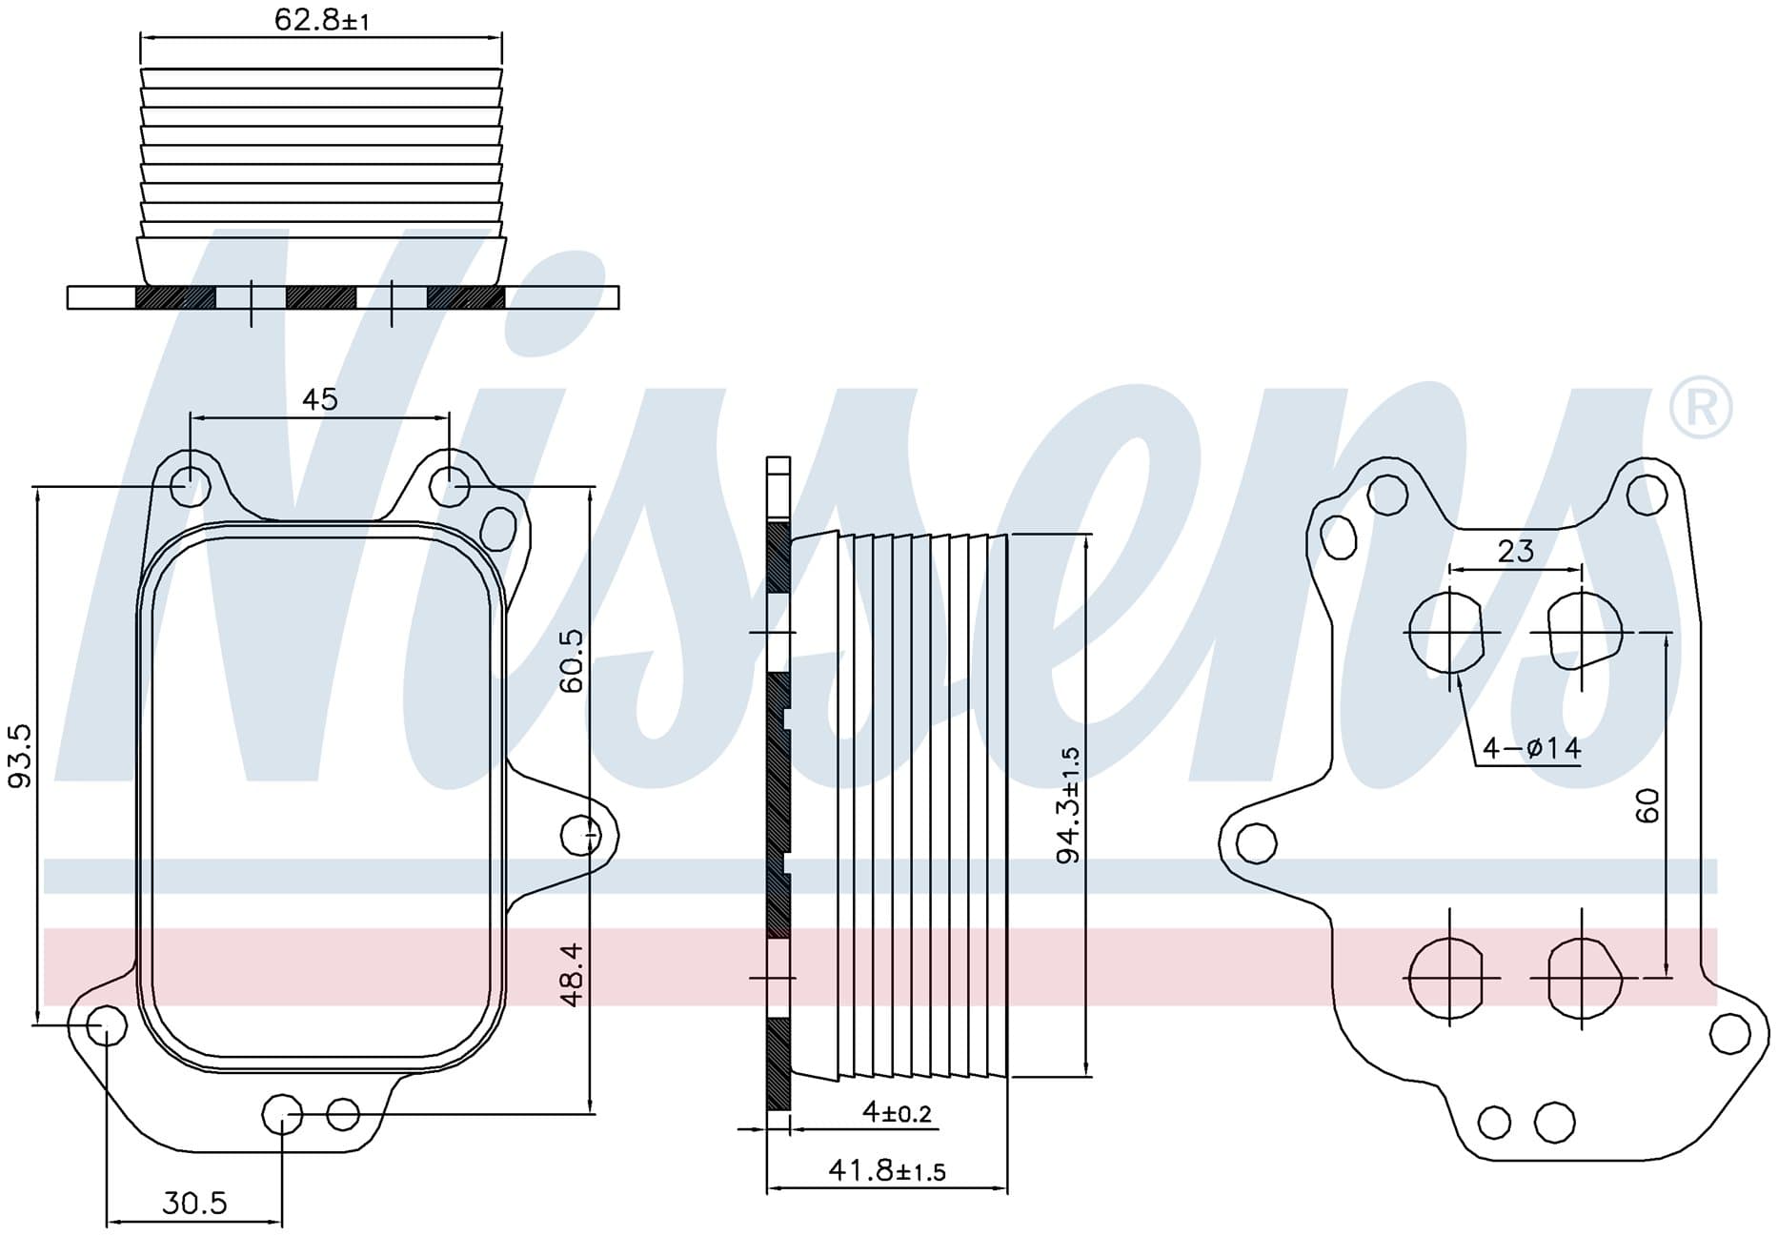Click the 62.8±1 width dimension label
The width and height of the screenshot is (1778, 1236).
click(x=321, y=19)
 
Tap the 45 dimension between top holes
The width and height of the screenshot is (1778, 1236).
click(x=320, y=398)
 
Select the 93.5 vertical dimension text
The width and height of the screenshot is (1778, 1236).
click(x=20, y=755)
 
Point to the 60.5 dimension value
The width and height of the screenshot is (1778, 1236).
click(x=572, y=660)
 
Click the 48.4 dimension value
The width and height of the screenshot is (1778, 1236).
click(x=572, y=974)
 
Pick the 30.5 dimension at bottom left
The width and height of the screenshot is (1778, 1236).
click(x=194, y=1203)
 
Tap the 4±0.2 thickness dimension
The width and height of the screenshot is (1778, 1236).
click(x=897, y=1111)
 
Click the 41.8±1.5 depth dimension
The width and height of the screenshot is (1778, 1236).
click(x=887, y=1169)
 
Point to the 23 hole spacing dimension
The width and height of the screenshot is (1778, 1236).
click(x=1515, y=551)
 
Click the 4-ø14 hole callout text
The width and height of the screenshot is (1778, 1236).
click(x=1532, y=748)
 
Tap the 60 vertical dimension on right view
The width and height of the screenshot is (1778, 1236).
click(x=1647, y=805)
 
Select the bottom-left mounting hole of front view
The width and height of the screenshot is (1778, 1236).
click(x=107, y=1025)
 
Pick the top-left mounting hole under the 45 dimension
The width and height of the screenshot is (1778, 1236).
click(x=190, y=486)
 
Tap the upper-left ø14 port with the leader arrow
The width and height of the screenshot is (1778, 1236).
click(x=1446, y=632)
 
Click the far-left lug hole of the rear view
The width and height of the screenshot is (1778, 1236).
click(x=1256, y=842)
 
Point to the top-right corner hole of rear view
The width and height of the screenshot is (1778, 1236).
click(x=1647, y=495)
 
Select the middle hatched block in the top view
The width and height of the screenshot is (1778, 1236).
click(x=321, y=297)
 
